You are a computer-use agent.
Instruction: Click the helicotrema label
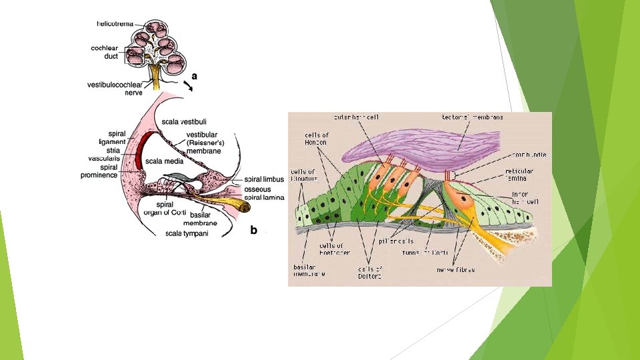point(115,23)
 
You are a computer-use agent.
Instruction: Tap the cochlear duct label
point(105,52)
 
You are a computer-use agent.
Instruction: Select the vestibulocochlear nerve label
point(115,88)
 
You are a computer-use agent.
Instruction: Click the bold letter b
point(253,230)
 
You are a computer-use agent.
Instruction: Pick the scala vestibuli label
point(184,121)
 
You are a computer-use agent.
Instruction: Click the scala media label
point(164,161)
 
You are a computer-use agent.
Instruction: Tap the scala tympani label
point(187,233)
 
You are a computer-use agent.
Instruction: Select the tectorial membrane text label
point(472,117)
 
